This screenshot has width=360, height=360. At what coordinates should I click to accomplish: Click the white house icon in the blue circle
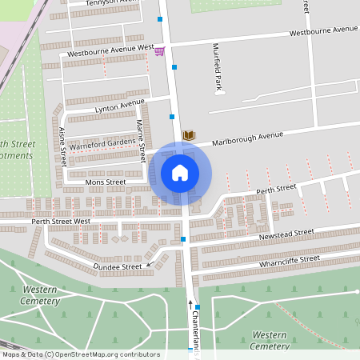tap(180, 172)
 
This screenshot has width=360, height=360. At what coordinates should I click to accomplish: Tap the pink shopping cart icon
tap(159, 51)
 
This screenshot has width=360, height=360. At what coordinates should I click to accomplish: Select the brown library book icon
tap(189, 136)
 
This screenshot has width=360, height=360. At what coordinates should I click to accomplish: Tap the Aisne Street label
tap(62, 146)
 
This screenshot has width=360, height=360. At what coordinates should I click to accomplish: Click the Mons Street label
tap(105, 182)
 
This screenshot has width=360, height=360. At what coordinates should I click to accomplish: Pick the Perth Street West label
tap(61, 220)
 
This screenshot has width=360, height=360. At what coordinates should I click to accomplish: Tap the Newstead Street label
tap(286, 234)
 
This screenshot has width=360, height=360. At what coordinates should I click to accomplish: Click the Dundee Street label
tap(117, 266)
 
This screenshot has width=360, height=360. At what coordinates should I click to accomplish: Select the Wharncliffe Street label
tap(289, 260)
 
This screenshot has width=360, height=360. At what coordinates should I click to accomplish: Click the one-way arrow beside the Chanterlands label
tap(190, 302)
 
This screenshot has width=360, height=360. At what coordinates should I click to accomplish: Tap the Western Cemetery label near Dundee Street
tap(41, 294)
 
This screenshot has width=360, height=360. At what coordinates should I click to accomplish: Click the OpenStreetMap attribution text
tap(80, 354)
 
